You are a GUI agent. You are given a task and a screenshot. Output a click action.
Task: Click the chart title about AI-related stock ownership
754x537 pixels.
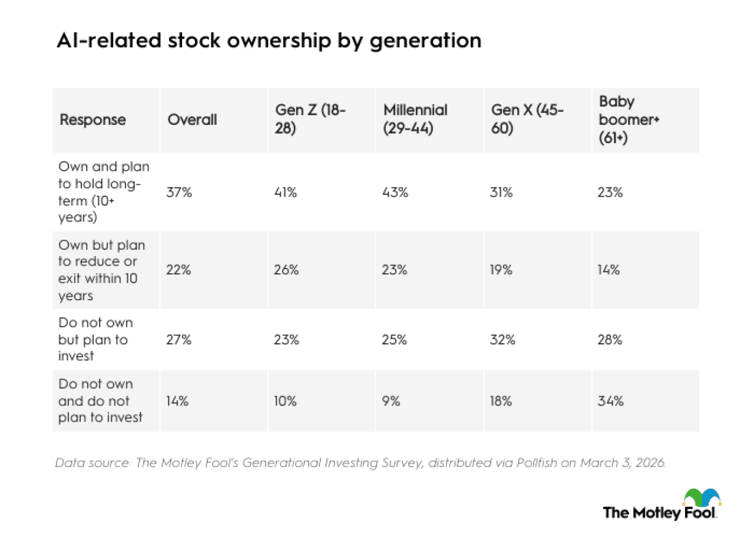(269, 41)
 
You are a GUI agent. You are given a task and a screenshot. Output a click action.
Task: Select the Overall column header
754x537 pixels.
(192, 120)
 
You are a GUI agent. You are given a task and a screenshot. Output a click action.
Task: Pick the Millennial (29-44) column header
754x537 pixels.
(415, 120)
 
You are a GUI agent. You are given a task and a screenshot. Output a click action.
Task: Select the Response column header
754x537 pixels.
(92, 120)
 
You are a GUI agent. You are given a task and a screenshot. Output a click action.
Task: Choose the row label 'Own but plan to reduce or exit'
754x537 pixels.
(101, 270)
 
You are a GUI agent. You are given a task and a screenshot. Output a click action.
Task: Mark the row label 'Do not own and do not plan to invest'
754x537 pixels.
(100, 401)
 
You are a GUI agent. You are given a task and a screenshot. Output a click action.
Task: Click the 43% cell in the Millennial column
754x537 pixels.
(395, 192)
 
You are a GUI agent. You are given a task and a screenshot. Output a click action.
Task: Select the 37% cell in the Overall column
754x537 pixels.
(180, 192)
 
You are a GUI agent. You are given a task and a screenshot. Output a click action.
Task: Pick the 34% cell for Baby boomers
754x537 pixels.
(611, 401)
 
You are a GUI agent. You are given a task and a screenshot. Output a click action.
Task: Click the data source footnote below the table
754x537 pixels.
(361, 463)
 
